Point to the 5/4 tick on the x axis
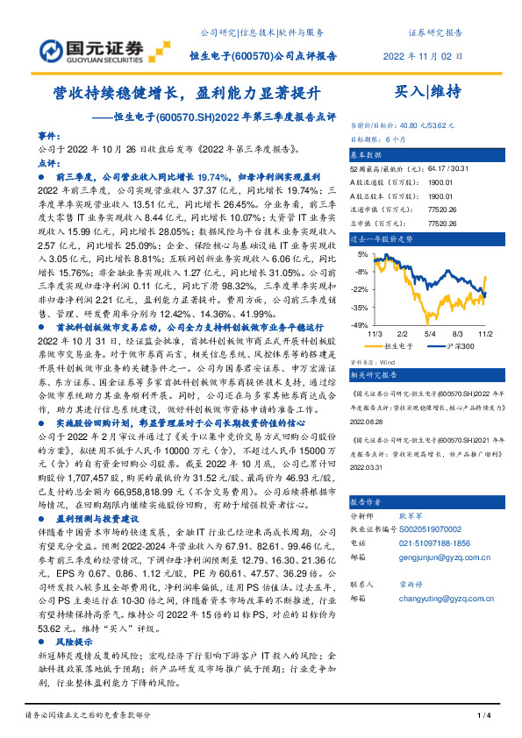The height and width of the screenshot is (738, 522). [430, 333]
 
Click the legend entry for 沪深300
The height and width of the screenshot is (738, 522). [459, 347]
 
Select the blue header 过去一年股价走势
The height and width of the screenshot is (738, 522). [383, 238]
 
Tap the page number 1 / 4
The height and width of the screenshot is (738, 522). [482, 718]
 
